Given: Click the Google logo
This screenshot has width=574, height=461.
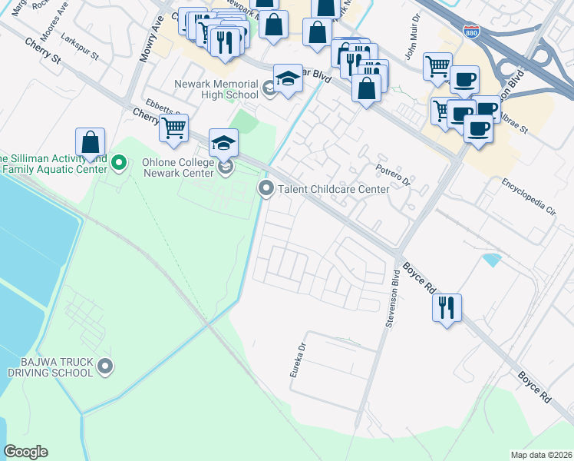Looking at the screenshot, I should [26, 452].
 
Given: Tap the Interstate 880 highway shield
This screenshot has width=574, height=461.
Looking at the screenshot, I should [470, 32].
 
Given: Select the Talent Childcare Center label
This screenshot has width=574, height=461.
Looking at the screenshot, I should [334, 188].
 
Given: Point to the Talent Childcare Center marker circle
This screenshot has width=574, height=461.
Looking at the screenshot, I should [266, 187].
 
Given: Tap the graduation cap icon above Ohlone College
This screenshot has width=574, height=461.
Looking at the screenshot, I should [223, 142].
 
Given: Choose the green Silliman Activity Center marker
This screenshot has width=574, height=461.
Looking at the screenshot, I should [118, 163].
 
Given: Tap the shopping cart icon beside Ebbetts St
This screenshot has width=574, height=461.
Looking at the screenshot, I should [174, 127].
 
